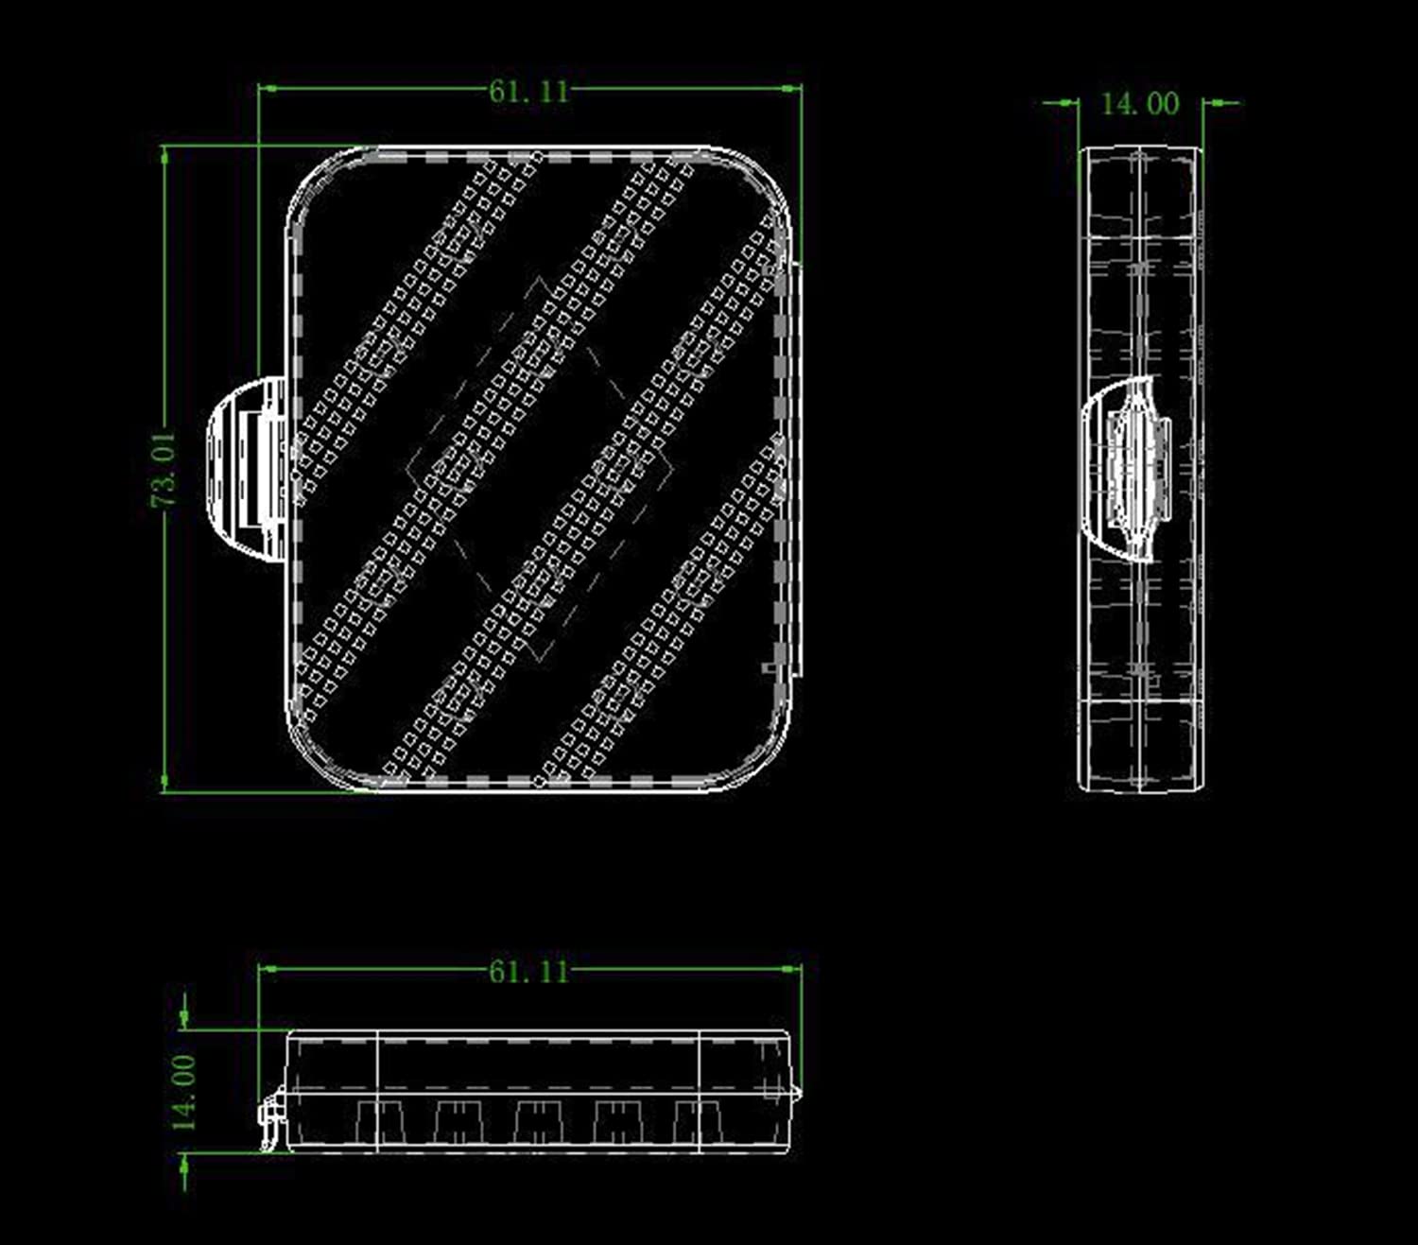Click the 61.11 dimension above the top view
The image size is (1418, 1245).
529,91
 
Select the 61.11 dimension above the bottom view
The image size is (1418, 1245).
529,972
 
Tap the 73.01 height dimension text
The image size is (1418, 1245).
165,469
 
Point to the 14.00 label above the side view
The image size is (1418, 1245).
1140,104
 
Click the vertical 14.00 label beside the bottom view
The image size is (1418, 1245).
183,1093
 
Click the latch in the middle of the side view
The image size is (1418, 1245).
1126,469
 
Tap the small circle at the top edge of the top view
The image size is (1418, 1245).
538,155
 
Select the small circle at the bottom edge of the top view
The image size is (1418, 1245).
538,781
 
